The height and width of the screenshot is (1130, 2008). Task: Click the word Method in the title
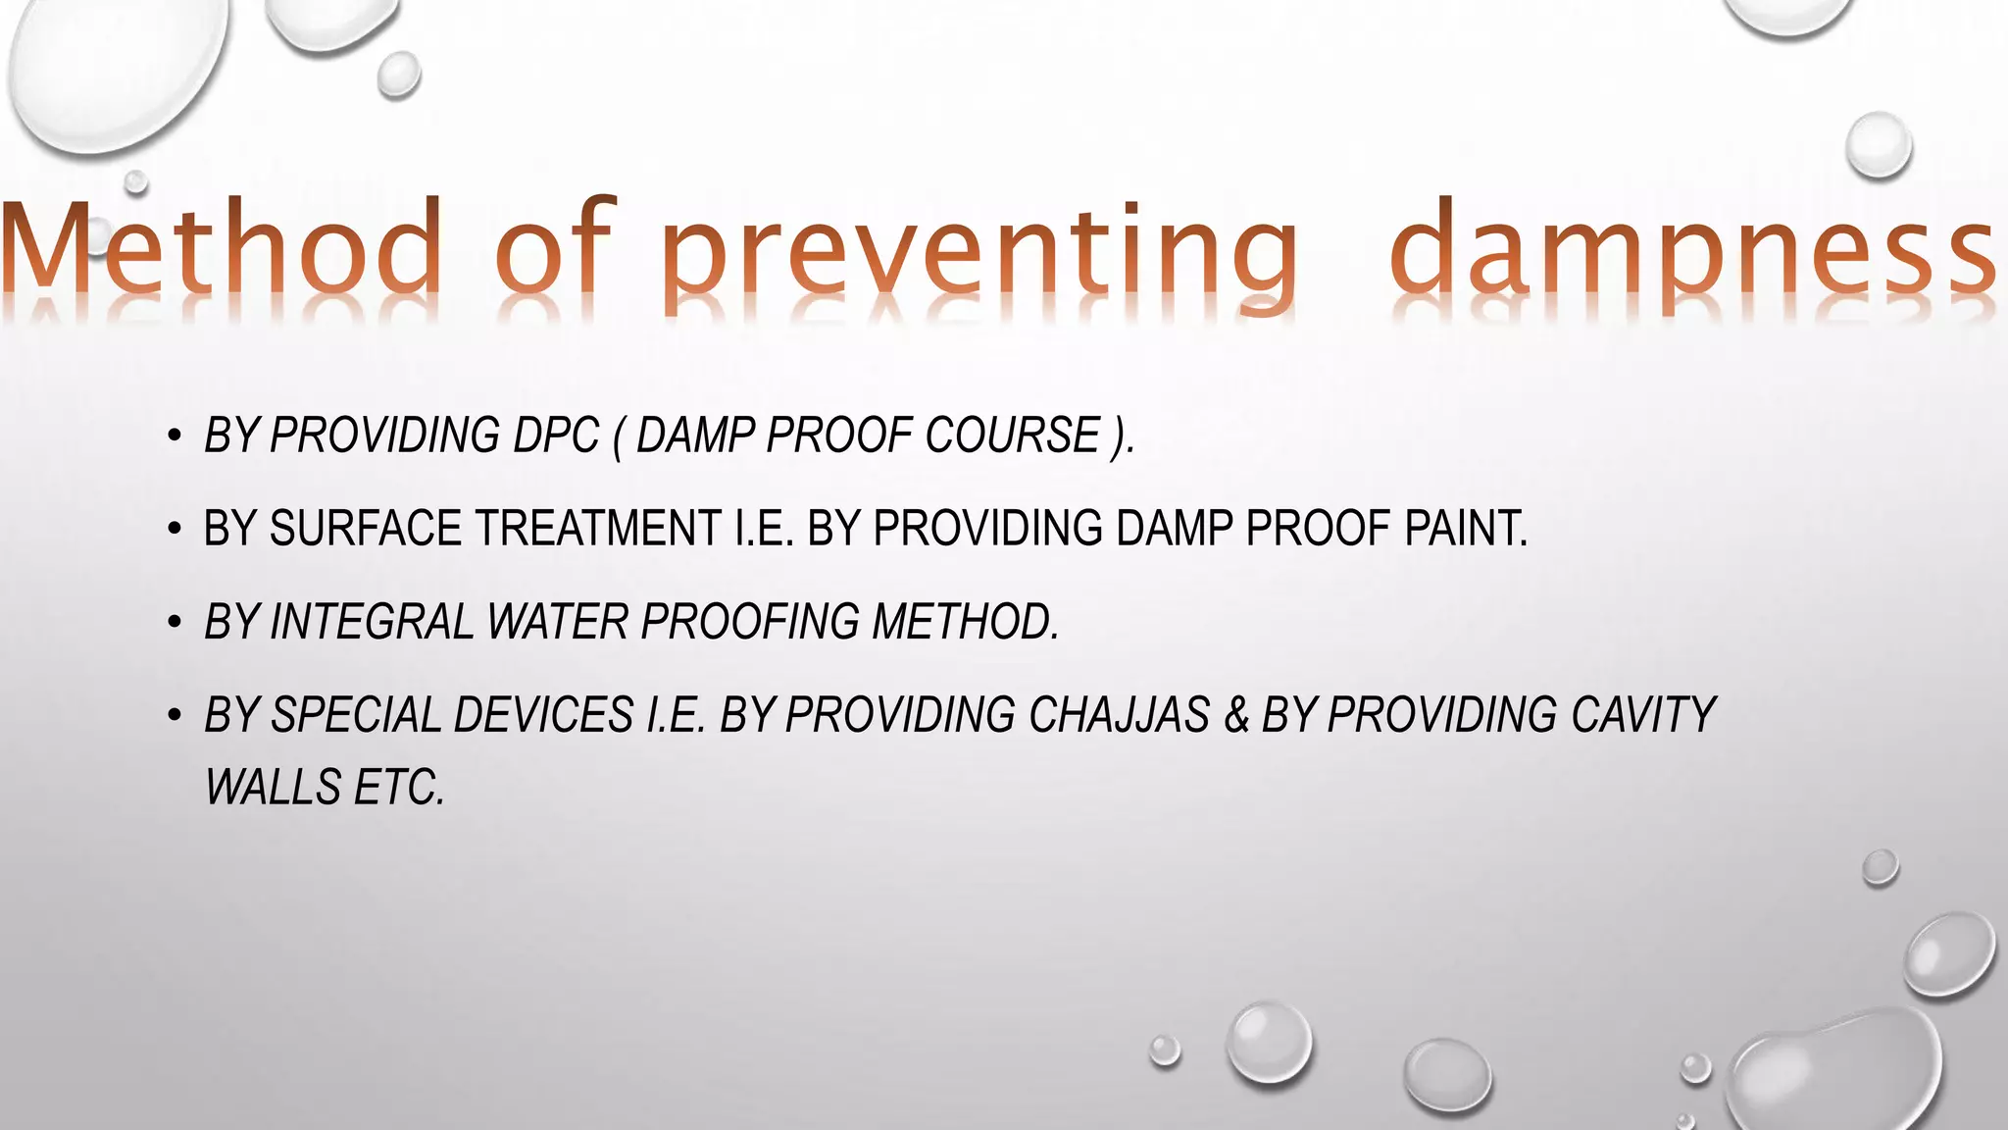coord(221,247)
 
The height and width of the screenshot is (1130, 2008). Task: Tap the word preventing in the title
coord(979,253)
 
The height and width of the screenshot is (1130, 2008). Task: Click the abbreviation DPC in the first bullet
coord(555,436)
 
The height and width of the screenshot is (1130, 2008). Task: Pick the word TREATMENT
coord(598,529)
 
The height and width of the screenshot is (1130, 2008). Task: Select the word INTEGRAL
coord(372,622)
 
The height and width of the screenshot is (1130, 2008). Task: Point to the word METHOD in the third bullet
coord(965,622)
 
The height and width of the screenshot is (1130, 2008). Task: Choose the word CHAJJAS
coord(1119,715)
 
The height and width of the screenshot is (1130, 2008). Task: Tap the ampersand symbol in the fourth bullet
coord(1236,715)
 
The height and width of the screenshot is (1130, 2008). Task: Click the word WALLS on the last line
coord(273,788)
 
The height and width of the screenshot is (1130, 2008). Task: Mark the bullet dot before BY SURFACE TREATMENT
coord(175,530)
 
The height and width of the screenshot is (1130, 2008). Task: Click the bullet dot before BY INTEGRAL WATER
coord(175,623)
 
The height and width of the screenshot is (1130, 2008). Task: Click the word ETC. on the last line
coord(399,788)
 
